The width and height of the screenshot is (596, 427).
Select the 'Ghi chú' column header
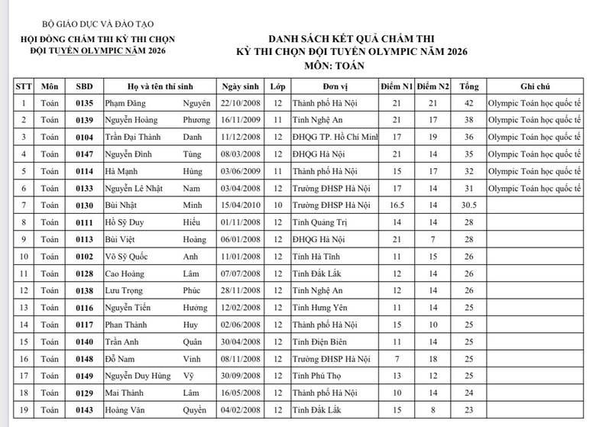(x=535, y=86)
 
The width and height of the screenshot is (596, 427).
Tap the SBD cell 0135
(x=85, y=103)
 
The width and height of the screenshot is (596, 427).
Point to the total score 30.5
(x=469, y=205)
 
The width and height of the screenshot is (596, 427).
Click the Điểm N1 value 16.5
(x=396, y=205)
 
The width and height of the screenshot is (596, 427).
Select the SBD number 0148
(x=85, y=359)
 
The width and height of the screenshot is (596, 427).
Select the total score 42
(x=469, y=103)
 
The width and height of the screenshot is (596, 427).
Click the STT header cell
(x=24, y=86)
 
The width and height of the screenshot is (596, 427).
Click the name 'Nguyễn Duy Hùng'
(x=138, y=376)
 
